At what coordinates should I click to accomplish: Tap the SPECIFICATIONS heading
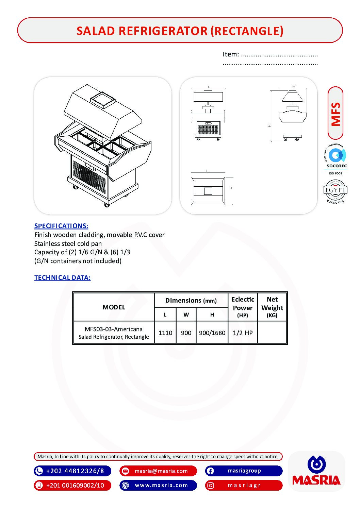(61, 226)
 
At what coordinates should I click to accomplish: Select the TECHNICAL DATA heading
(62, 277)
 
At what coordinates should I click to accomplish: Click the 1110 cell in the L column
(165, 333)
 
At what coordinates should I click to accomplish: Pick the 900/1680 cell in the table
(212, 333)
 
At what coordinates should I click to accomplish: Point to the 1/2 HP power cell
(243, 333)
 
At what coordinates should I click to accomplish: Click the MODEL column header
(114, 307)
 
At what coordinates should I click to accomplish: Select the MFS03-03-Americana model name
(114, 329)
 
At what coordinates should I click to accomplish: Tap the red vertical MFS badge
(336, 113)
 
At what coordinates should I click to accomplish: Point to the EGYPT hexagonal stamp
(335, 191)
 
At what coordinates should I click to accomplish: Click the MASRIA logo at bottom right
(316, 472)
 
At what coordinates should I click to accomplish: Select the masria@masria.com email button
(158, 471)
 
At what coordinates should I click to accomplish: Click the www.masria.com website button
(158, 485)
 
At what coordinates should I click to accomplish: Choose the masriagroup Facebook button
(244, 471)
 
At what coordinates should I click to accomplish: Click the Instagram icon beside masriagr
(211, 486)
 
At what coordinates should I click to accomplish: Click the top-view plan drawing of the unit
(208, 191)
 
